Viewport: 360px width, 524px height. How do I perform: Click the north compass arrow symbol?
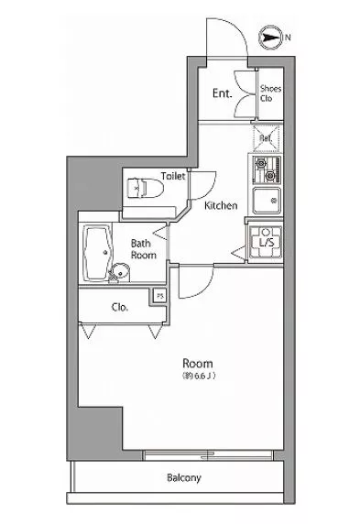[270, 38]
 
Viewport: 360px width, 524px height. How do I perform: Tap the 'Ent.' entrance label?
[223, 93]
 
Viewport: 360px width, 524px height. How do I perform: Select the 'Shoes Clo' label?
[270, 93]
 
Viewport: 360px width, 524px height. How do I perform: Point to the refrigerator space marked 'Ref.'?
[267, 138]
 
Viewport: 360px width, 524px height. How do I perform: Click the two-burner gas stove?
[267, 170]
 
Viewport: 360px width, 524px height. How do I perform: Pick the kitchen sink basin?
[267, 201]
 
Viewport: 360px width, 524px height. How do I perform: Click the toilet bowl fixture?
[146, 188]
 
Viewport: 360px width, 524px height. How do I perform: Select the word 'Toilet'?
[173, 176]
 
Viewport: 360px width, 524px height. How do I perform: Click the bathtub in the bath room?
[98, 253]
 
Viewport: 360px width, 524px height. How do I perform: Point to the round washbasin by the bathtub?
[120, 272]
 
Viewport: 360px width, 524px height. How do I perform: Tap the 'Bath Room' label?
[144, 249]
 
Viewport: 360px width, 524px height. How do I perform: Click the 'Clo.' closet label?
[120, 307]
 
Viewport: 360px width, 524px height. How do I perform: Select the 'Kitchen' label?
[221, 205]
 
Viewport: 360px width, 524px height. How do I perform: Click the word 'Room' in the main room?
[198, 364]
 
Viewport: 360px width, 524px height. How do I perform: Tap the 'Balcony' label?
[184, 478]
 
